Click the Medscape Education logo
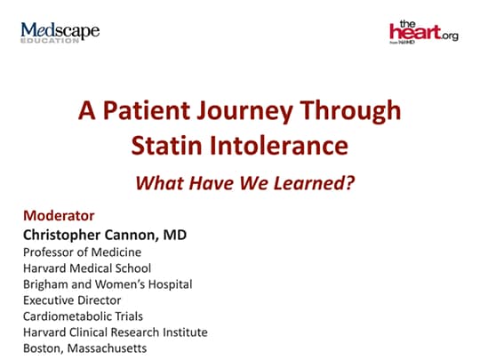click(60, 33)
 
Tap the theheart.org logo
click(422, 32)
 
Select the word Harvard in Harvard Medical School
click(45, 268)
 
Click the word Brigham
click(45, 284)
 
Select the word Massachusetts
click(108, 348)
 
